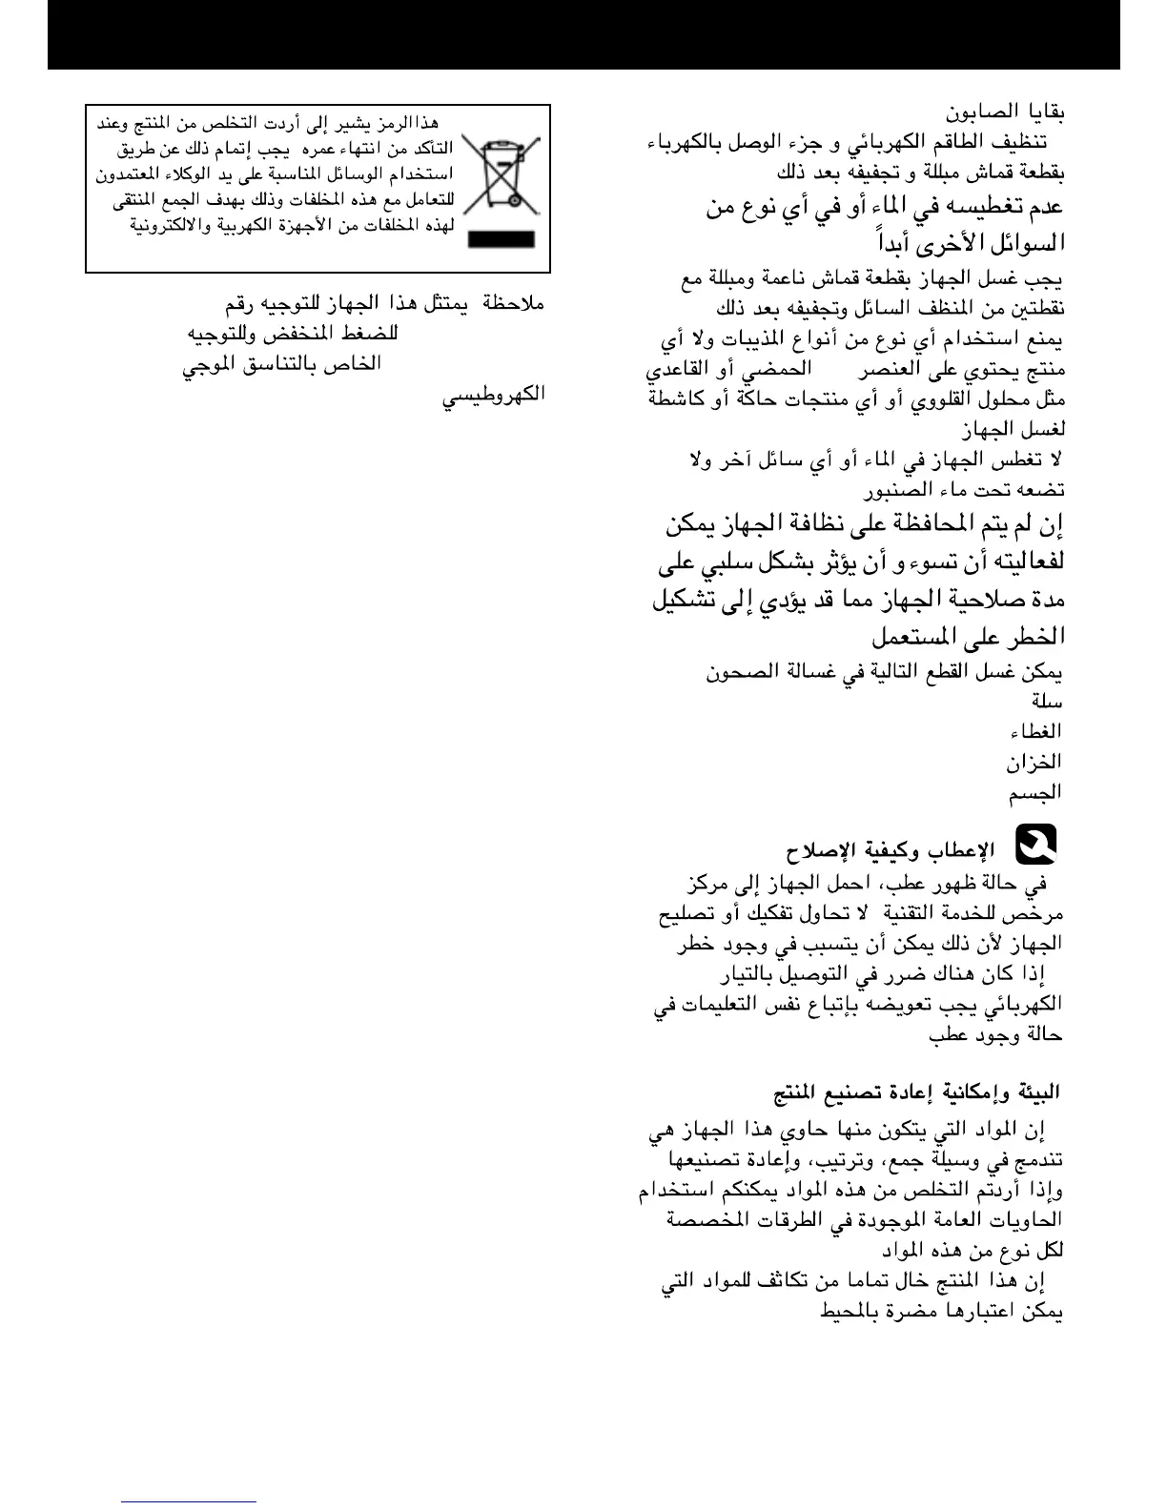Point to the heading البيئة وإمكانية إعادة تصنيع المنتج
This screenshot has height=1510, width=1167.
coord(916,1092)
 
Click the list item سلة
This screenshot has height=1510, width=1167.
coord(1046,701)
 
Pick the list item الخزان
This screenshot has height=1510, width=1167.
coord(1034,762)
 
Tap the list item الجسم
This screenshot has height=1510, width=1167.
coord(1035,792)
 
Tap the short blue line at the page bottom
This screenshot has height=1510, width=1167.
coord(189,1501)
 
